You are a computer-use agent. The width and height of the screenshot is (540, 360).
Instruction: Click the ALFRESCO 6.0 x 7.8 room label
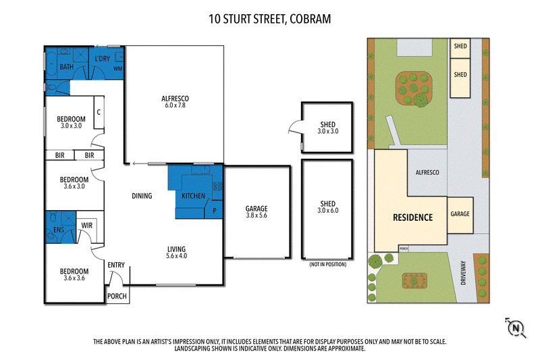click(x=175, y=101)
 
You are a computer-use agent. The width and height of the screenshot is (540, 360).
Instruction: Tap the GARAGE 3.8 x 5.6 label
click(x=256, y=211)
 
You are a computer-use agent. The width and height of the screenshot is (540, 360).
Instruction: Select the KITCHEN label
click(x=193, y=196)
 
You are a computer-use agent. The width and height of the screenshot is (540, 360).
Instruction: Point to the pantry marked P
click(x=215, y=211)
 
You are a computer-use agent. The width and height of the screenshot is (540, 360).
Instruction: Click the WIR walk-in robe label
click(x=87, y=226)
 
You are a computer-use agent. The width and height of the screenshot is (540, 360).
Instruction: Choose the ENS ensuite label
click(x=59, y=230)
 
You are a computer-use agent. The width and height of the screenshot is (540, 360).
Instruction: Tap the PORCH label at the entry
click(x=117, y=296)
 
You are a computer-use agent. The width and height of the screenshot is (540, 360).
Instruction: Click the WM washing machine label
click(x=117, y=68)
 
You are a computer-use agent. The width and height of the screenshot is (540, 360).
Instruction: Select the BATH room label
click(x=66, y=66)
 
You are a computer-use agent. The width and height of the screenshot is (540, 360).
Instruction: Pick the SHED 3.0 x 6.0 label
click(x=328, y=207)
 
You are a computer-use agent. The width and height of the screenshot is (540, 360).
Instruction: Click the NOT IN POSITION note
click(x=328, y=264)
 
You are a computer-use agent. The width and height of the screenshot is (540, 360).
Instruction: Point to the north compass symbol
click(x=516, y=328)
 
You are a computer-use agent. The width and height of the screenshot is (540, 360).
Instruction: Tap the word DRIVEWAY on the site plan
click(x=463, y=272)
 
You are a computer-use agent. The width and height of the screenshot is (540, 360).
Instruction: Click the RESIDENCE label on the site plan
click(x=412, y=217)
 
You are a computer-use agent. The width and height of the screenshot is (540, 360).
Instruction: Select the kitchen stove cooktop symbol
click(x=217, y=186)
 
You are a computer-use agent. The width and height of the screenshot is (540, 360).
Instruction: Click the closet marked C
click(x=99, y=112)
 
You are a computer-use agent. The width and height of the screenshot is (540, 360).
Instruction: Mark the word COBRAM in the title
click(x=310, y=19)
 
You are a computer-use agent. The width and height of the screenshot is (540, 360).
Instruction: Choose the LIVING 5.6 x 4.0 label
click(x=176, y=252)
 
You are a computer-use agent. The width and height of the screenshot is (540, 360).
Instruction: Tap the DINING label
click(x=142, y=196)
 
